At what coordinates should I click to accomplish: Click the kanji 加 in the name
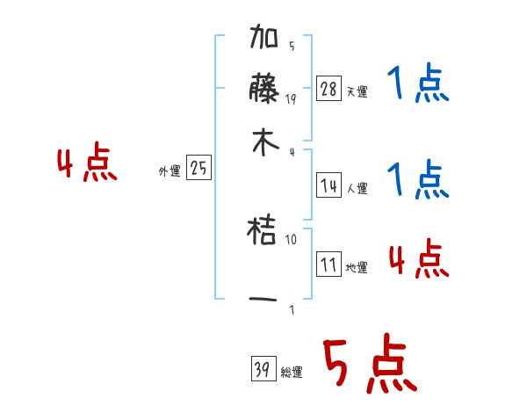coord(265,41)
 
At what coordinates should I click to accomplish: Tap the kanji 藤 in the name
coord(265,91)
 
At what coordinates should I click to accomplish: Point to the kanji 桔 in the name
coord(265,233)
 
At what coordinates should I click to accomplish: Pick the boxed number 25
coord(199,169)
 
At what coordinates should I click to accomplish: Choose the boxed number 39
coord(262,370)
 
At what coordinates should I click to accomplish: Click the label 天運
coord(357,91)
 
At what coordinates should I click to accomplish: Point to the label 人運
coord(357,188)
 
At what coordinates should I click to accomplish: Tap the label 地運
coord(357,267)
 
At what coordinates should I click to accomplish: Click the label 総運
coord(292,373)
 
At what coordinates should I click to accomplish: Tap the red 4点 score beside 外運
coord(87,164)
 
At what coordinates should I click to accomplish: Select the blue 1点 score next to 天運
coord(417,85)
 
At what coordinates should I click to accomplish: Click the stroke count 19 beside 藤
coord(291,98)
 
